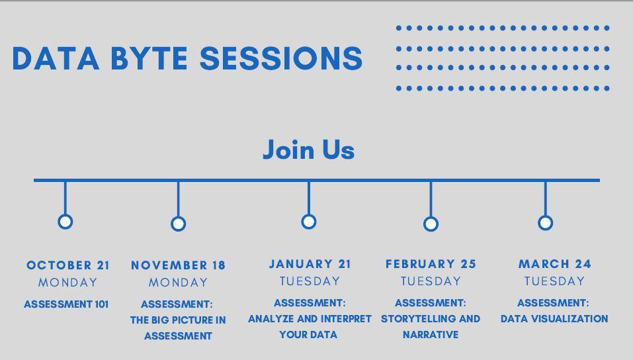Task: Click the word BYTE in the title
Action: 149,59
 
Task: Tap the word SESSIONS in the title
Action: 281,59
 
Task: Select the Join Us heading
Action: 308,150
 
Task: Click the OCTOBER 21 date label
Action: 68,265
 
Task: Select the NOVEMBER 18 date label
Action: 178,265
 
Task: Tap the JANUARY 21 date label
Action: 310,264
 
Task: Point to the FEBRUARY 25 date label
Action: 431,264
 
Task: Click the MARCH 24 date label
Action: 555,264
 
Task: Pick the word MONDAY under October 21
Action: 68,283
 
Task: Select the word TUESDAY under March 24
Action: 554,281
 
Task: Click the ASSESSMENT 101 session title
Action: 66,304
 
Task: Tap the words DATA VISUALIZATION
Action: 554,319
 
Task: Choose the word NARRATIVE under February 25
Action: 431,335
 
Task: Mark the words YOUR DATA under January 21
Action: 308,335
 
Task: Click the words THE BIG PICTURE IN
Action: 178,320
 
